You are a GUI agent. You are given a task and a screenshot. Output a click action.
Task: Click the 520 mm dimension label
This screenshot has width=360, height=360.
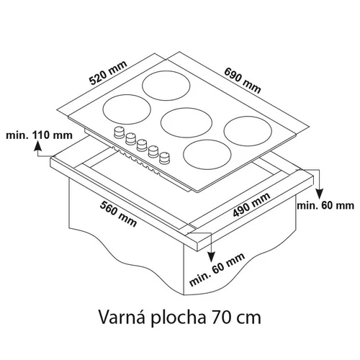108,73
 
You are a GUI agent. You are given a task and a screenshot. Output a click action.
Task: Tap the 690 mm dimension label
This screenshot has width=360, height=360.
243,81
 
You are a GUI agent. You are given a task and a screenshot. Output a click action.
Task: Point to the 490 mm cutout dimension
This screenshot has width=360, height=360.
251,204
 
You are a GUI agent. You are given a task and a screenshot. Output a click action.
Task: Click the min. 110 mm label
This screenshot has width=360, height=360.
39,135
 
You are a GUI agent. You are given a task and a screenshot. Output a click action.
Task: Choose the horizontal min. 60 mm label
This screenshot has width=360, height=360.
325,206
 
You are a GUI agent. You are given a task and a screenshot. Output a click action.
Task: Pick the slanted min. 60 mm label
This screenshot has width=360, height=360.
217,269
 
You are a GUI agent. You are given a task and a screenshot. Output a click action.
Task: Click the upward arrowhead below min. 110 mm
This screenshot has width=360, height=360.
37,145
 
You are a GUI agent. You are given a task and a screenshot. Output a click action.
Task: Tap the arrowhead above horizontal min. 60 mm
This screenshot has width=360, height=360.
319,194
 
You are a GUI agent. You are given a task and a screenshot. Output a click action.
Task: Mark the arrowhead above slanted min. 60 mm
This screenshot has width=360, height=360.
211,256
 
